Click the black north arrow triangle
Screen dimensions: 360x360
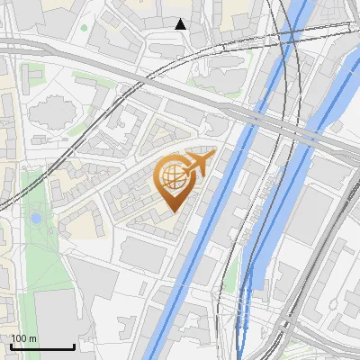tap(180, 24)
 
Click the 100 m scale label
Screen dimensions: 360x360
tap(23, 337)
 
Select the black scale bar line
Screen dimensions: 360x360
tap(42, 347)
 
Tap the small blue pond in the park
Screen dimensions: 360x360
tap(36, 219)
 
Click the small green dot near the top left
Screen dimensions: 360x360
tap(84, 28)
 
